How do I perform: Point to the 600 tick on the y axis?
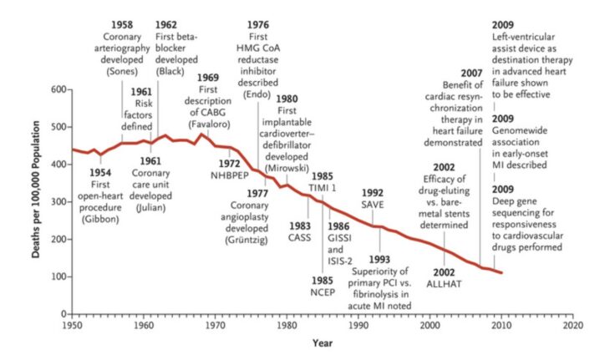(x=58, y=89)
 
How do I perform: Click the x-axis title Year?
(x=323, y=342)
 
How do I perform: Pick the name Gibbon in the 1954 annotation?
(x=101, y=219)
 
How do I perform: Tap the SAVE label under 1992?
(x=373, y=205)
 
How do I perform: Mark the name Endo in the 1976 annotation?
(x=258, y=94)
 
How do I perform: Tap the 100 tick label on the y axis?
(x=58, y=276)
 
